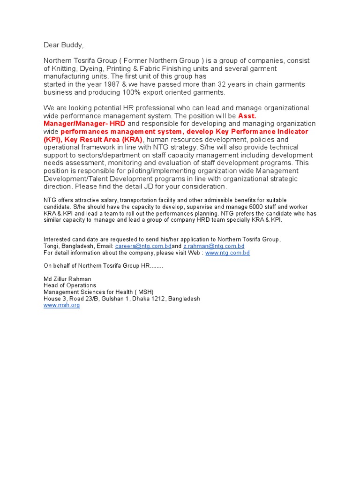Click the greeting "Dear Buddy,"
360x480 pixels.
(x=63, y=45)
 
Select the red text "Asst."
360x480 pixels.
(x=247, y=116)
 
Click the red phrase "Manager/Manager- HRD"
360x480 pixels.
(x=84, y=124)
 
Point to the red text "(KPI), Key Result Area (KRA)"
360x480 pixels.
(x=92, y=140)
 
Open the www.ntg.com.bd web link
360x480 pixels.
(x=227, y=253)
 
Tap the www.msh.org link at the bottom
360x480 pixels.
(x=61, y=305)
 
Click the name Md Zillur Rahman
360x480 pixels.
(x=67, y=279)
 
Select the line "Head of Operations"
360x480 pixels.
(x=69, y=285)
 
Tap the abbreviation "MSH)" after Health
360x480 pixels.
(x=145, y=292)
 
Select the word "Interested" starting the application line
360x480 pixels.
(x=57, y=240)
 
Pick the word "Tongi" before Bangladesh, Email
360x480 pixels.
(x=51, y=246)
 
